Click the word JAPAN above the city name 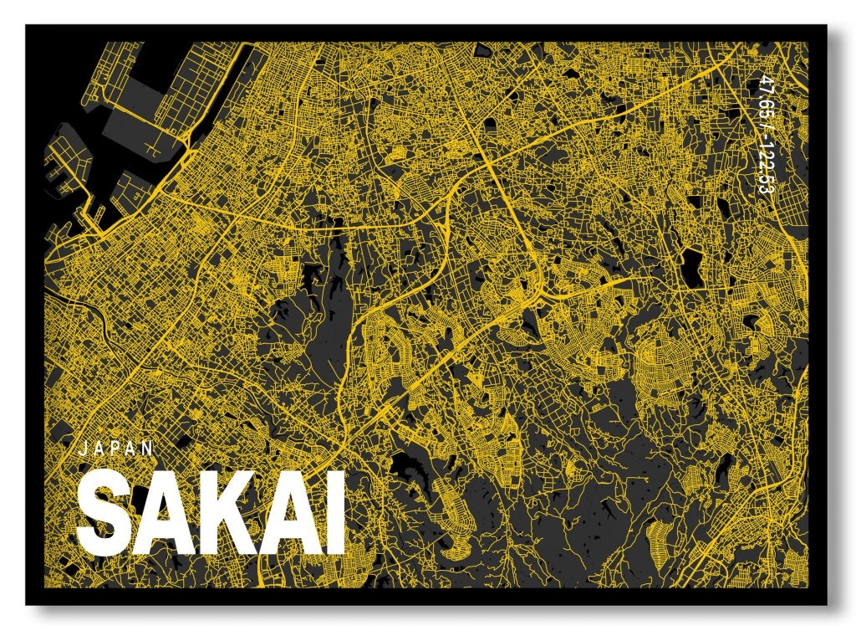(x=116, y=448)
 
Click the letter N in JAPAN (x=149, y=448)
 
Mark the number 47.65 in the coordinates (x=763, y=95)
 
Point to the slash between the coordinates (x=763, y=121)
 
